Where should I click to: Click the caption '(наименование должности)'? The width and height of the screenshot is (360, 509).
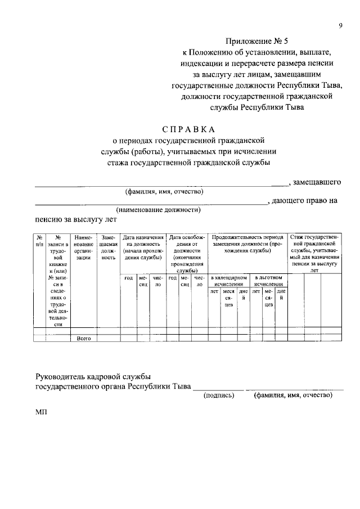(159, 210)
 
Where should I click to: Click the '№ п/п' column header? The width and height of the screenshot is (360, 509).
(39, 241)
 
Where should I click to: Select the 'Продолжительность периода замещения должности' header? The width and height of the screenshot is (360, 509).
(247, 244)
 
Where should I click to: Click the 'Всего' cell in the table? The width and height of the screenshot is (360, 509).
(83, 338)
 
